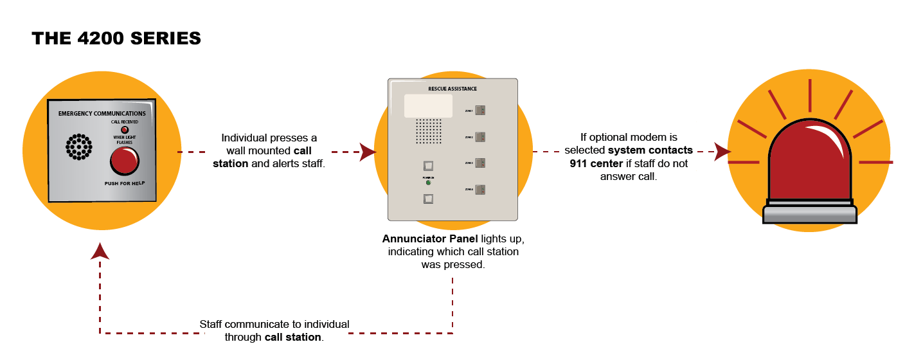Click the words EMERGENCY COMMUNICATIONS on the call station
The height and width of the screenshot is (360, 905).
pyautogui.click(x=102, y=114)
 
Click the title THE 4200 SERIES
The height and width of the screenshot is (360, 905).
pyautogui.click(x=116, y=39)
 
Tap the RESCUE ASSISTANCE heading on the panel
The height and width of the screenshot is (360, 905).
pyautogui.click(x=452, y=89)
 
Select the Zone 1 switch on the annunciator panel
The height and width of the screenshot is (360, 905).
pyautogui.click(x=480, y=110)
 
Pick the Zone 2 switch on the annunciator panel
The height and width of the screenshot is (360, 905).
pyautogui.click(x=480, y=137)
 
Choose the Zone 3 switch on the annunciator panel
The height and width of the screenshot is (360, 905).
pyautogui.click(x=480, y=163)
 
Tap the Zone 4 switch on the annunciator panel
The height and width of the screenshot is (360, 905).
pyautogui.click(x=480, y=189)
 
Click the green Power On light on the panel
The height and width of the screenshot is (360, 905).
pyautogui.click(x=428, y=183)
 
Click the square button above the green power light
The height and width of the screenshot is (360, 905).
pyautogui.click(x=428, y=166)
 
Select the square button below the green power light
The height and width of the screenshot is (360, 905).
pyautogui.click(x=428, y=199)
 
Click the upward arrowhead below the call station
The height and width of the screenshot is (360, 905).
pyautogui.click(x=100, y=251)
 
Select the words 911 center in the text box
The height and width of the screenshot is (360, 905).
pyautogui.click(x=596, y=163)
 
